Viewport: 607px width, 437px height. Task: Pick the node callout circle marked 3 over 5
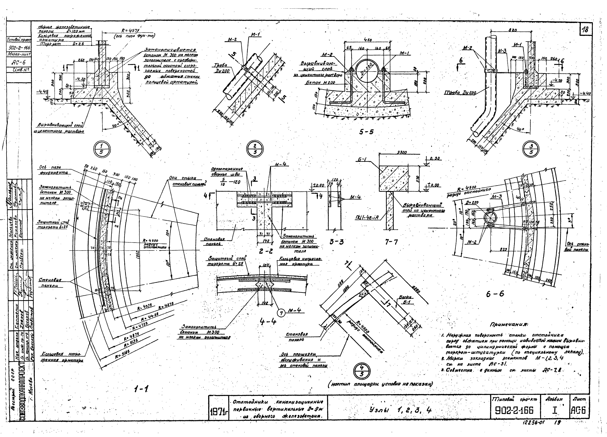[531, 149]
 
